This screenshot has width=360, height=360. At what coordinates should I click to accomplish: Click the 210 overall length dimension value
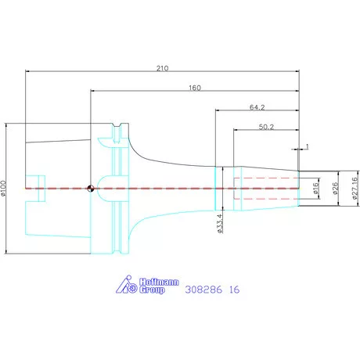[162, 68]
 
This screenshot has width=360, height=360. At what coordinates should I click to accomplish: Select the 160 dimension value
[195, 88]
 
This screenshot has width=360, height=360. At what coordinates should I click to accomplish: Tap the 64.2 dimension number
[257, 107]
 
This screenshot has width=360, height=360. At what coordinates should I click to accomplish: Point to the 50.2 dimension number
[266, 127]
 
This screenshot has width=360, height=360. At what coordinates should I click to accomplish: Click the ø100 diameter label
[3, 188]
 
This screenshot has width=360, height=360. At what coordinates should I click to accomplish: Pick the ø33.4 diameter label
[220, 223]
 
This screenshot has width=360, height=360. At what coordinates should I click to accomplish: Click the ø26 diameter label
[335, 188]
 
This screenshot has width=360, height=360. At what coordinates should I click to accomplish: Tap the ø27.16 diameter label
[355, 188]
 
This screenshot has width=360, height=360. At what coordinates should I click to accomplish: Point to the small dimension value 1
[307, 146]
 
